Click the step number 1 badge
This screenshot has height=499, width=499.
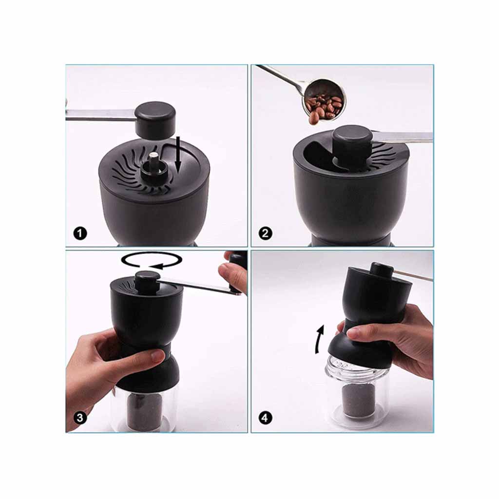80,233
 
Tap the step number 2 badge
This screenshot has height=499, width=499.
266,233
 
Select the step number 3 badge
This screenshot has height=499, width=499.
80,417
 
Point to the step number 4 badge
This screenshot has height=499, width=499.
266,417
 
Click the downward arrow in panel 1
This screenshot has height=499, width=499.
178,155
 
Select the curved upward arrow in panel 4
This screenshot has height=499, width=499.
319,339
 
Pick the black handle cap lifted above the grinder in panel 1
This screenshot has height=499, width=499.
155,121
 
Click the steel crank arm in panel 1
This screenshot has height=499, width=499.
101,115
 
